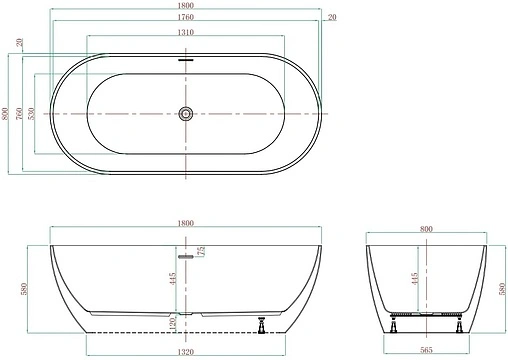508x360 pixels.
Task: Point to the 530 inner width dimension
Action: pyautogui.click(x=31, y=114)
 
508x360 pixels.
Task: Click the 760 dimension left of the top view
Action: pyautogui.click(x=19, y=114)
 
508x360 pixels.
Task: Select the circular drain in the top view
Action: pyautogui.click(x=186, y=114)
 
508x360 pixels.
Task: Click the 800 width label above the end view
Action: pyautogui.click(x=427, y=229)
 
